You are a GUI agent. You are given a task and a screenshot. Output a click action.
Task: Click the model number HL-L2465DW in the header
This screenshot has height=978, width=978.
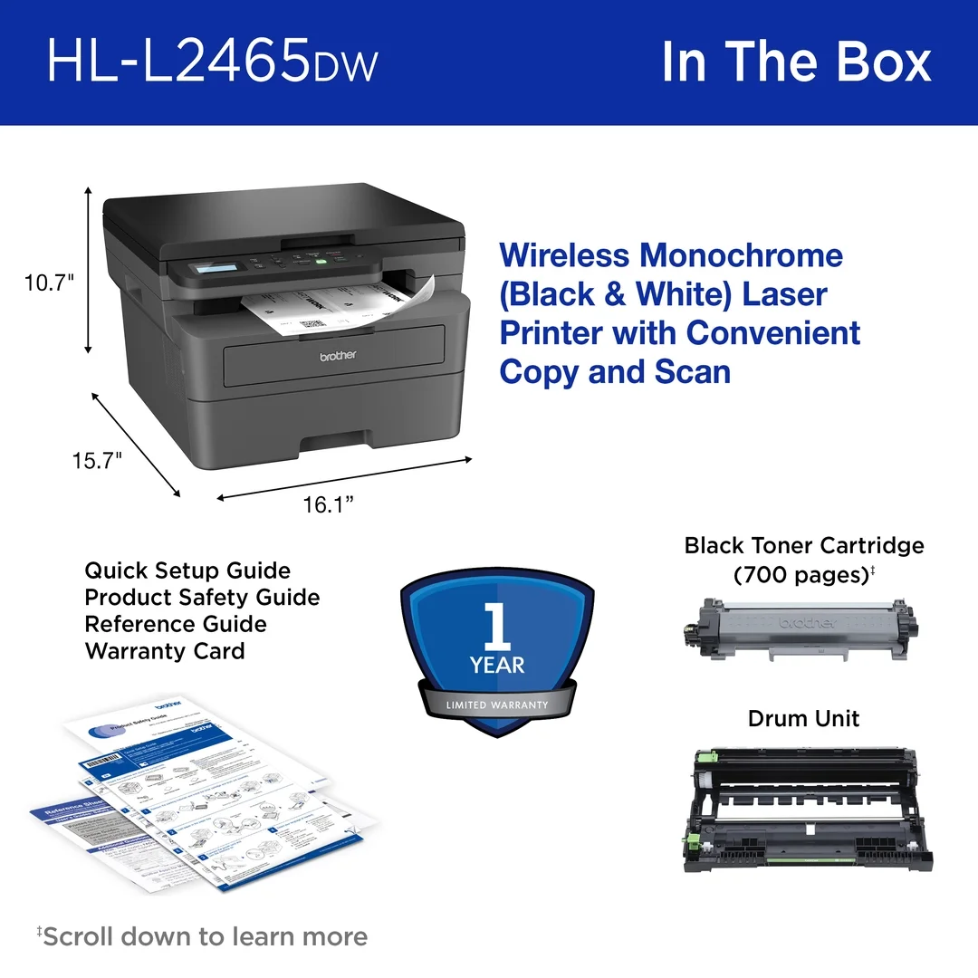click(x=212, y=62)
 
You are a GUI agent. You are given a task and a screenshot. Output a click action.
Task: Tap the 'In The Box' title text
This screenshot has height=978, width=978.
click(x=796, y=62)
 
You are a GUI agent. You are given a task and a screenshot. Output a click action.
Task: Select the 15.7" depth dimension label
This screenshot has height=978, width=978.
click(x=98, y=460)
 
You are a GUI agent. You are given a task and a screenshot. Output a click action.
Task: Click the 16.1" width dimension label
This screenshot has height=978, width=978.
click(x=328, y=504)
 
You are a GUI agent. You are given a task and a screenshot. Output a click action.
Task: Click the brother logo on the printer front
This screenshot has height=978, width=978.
click(x=338, y=356)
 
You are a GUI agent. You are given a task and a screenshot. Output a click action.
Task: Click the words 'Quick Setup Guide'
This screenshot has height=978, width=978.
click(x=187, y=570)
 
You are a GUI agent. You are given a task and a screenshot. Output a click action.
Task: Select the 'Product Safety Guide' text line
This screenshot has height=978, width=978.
click(x=202, y=598)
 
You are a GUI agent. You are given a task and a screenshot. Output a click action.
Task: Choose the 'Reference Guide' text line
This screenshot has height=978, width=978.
click(x=176, y=624)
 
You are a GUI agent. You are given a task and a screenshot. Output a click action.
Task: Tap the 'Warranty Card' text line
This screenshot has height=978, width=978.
click(x=165, y=651)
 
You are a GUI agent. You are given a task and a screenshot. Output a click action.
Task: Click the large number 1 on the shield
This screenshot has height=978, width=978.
click(x=496, y=624)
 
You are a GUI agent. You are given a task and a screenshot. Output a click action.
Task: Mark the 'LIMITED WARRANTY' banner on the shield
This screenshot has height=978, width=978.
click(x=497, y=705)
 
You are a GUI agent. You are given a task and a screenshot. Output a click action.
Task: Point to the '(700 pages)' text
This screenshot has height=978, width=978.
click(x=802, y=574)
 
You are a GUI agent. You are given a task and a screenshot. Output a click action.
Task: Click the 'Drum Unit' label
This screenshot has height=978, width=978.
click(x=803, y=718)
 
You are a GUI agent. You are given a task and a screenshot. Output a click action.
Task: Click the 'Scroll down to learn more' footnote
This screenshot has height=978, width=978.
click(x=203, y=936)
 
